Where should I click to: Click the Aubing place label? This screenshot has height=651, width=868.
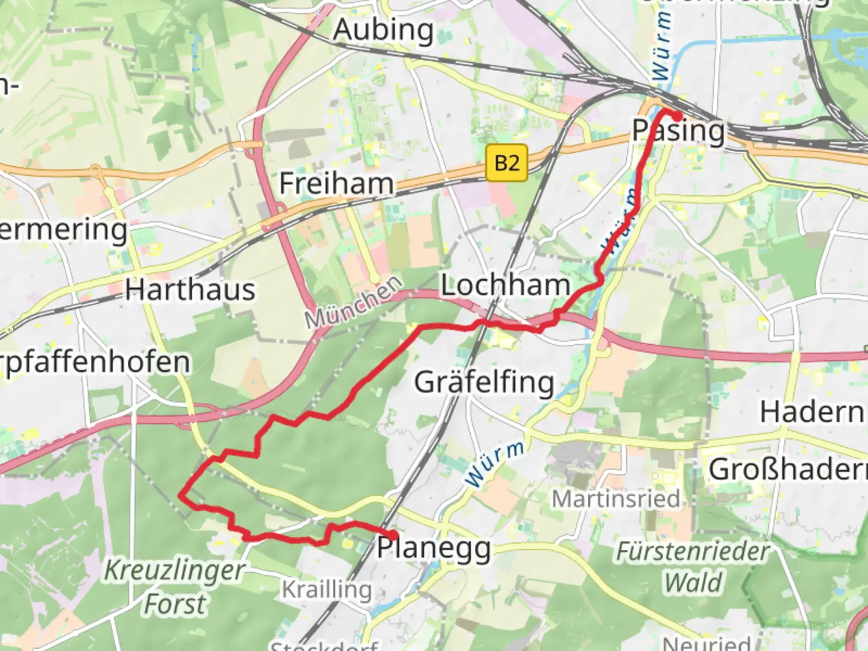pos(383,30)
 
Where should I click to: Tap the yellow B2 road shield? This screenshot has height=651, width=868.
pos(506,163)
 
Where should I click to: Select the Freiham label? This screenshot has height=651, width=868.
pos(336,183)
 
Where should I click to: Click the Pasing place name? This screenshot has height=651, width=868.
pos(678,131)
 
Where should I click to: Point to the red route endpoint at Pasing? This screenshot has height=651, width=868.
pos(678,116)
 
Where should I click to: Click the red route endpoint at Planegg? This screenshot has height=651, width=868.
pos(393,535)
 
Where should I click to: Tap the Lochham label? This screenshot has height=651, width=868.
pos(505,285)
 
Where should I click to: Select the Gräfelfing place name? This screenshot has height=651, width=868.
pos(484,383)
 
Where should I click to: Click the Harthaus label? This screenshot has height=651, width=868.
pos(190,291)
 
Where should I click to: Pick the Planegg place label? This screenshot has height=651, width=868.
pos(434,549)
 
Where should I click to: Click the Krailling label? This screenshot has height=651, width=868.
pos(327,590)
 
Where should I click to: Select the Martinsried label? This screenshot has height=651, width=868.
pos(616,499)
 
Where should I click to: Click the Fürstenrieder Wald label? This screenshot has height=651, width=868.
pos(693,567)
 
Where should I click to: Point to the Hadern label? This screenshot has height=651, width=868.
pos(811,413)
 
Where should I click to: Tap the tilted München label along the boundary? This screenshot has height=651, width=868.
pos(353,303)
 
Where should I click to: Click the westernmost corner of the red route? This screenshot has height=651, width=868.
pos(180,495)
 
